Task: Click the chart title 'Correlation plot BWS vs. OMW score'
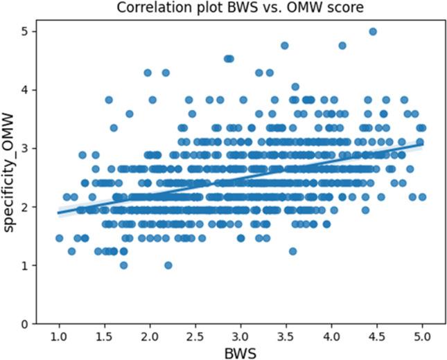(x=240, y=8)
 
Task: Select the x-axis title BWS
(x=240, y=352)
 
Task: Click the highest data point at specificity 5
(x=373, y=32)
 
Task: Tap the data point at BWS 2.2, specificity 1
(x=168, y=265)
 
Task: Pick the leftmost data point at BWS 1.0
(x=59, y=238)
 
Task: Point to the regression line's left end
(x=60, y=213)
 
